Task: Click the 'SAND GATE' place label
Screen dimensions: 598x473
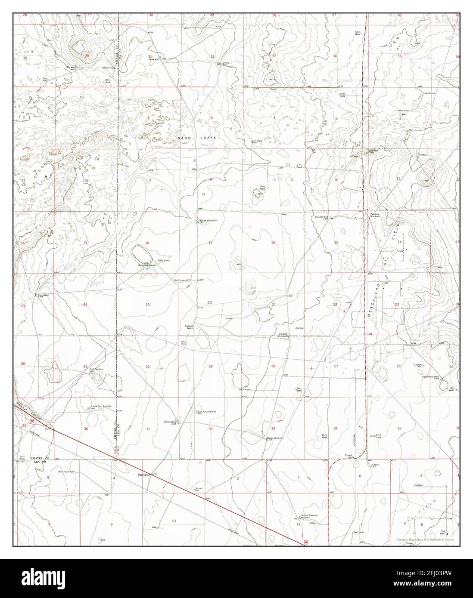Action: click(196, 137)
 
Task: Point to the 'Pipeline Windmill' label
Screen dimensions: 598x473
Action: click(374, 215)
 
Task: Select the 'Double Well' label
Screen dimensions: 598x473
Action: click(322, 217)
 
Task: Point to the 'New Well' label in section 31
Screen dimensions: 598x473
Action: click(154, 59)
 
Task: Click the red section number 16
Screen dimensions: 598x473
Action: click(273, 243)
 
